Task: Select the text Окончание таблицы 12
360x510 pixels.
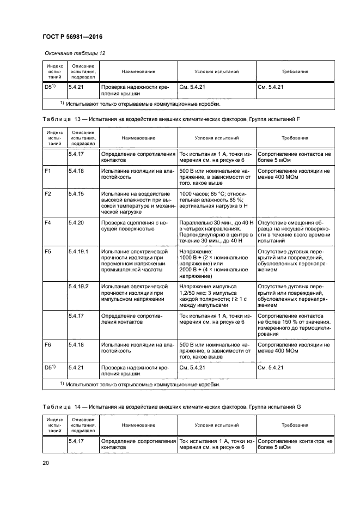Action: [x=71, y=53]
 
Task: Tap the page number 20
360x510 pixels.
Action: [x=46, y=463]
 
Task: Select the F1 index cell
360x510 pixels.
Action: [x=47, y=171]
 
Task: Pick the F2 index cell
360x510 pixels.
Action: [x=47, y=194]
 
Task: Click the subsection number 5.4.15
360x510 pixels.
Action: [x=75, y=194]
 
